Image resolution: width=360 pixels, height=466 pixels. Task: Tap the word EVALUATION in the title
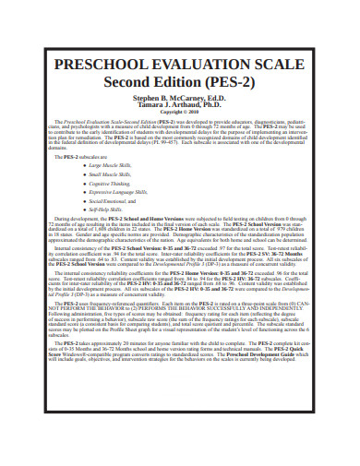point(188,66)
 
